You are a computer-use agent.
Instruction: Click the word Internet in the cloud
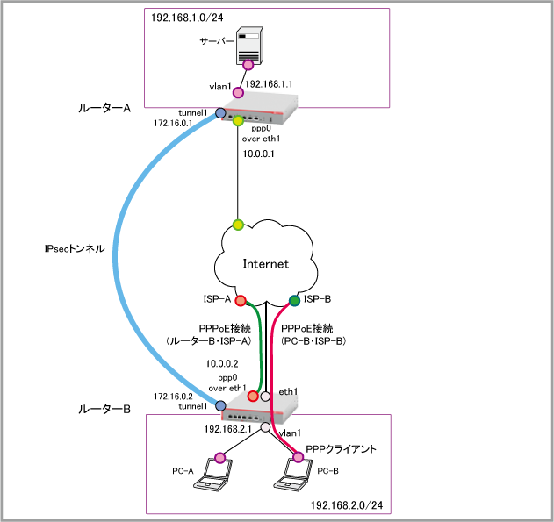[x=265, y=263]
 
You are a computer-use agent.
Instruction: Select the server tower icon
[x=248, y=45]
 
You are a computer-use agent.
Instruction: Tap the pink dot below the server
[x=248, y=65]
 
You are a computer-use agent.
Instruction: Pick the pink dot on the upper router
[x=238, y=92]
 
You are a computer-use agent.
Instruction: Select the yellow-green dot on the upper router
[x=238, y=121]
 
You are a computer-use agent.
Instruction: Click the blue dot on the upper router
[x=220, y=113]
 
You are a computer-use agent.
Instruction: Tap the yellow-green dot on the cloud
[x=238, y=225]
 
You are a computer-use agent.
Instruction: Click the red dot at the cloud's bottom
[x=241, y=301]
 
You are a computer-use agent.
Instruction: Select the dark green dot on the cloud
[x=294, y=301]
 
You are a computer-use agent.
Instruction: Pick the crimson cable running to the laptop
[x=272, y=368]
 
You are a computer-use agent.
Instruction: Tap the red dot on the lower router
[x=253, y=397]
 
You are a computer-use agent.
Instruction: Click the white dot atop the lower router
[x=265, y=397]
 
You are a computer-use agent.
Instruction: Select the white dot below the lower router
[x=265, y=427]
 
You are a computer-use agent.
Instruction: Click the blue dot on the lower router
[x=220, y=405]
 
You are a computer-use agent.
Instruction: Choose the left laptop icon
[x=212, y=475]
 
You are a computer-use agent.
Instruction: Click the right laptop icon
[x=292, y=475]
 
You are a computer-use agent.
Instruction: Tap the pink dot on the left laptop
[x=219, y=457]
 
